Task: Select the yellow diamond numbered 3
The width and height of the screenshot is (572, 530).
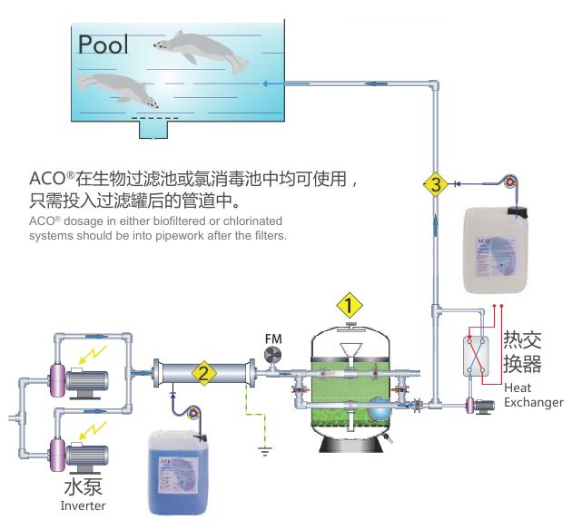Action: (435, 184)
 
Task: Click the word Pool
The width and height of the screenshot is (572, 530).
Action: (103, 44)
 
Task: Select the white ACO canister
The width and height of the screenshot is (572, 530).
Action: (495, 249)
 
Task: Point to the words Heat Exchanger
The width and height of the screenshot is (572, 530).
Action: (533, 395)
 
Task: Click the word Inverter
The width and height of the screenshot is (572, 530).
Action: (84, 505)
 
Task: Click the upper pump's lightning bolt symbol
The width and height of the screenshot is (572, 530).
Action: (94, 351)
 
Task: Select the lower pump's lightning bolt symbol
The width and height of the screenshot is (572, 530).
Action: (93, 424)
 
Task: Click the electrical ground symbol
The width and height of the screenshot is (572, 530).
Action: (263, 447)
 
